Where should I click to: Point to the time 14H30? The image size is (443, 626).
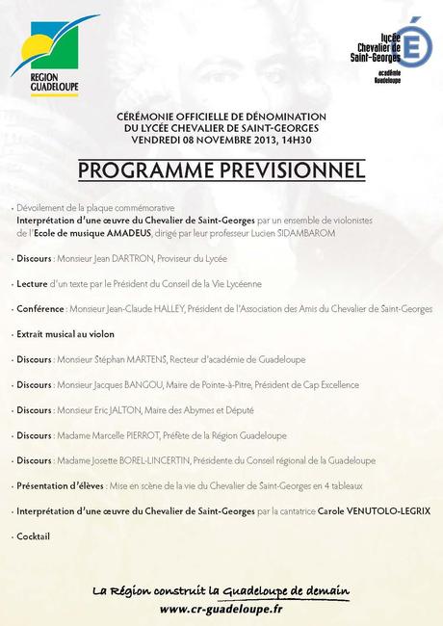coord(321,142)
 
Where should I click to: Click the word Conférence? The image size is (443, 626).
coord(40,309)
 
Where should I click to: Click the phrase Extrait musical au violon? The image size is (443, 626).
coord(65,334)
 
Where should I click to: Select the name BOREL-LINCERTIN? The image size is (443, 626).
coord(154,459)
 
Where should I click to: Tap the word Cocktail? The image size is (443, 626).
coord(33,535)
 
